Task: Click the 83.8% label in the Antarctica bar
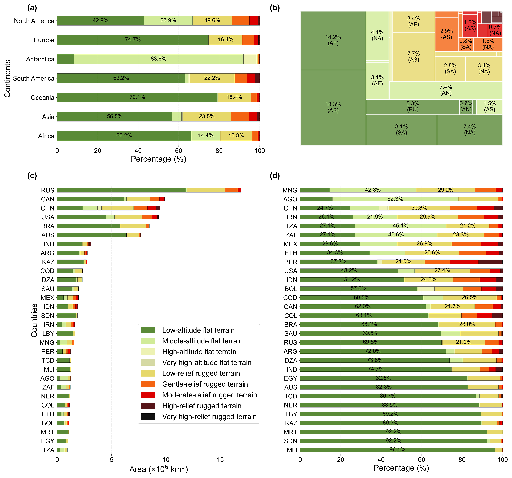[158, 59]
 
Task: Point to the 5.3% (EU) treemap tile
[413, 106]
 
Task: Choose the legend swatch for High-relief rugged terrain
[148, 406]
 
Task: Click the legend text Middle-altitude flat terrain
[202, 341]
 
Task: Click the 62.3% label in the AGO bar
[395, 199]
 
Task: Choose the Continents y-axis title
[7, 78]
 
